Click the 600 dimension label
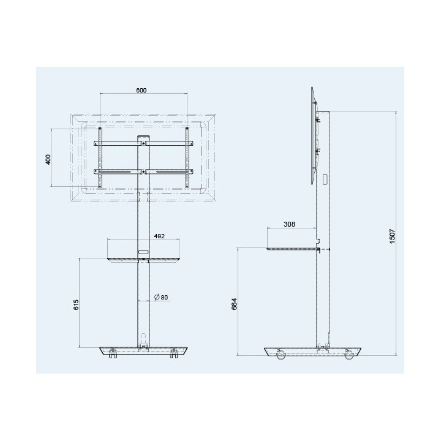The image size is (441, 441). (141, 90)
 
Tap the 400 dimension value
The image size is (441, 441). (48, 159)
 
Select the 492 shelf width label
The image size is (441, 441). (159, 236)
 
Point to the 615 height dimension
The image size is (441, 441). (76, 305)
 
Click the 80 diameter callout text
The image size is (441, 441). (165, 297)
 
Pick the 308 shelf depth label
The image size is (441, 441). (289, 224)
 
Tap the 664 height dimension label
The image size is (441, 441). (234, 304)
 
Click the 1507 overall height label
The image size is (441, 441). (393, 236)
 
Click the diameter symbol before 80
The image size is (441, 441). (157, 297)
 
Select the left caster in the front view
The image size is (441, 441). (113, 353)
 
